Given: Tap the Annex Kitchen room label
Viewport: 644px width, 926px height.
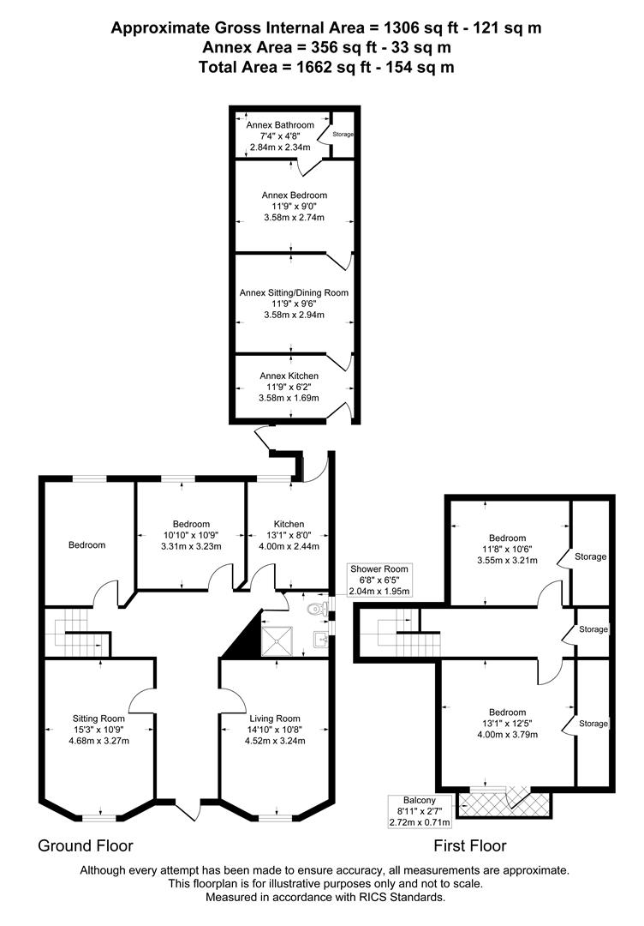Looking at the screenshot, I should (289, 376).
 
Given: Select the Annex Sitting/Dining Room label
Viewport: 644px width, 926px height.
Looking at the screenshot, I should (294, 292).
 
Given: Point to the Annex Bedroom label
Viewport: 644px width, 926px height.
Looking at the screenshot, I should (294, 195).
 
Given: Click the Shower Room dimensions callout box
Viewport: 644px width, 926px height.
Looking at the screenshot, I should (378, 580).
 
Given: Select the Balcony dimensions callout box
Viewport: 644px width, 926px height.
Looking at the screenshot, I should (419, 810).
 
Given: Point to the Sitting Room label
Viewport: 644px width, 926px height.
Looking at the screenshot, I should (98, 719).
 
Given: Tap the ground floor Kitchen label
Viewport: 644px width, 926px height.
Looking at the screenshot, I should (289, 524).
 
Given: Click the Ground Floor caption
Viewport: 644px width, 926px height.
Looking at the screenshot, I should (85, 845).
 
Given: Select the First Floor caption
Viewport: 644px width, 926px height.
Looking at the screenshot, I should (470, 845).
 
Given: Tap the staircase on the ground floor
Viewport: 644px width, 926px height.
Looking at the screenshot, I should (74, 634).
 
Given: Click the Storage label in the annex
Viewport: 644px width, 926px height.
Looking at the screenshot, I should (343, 135).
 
